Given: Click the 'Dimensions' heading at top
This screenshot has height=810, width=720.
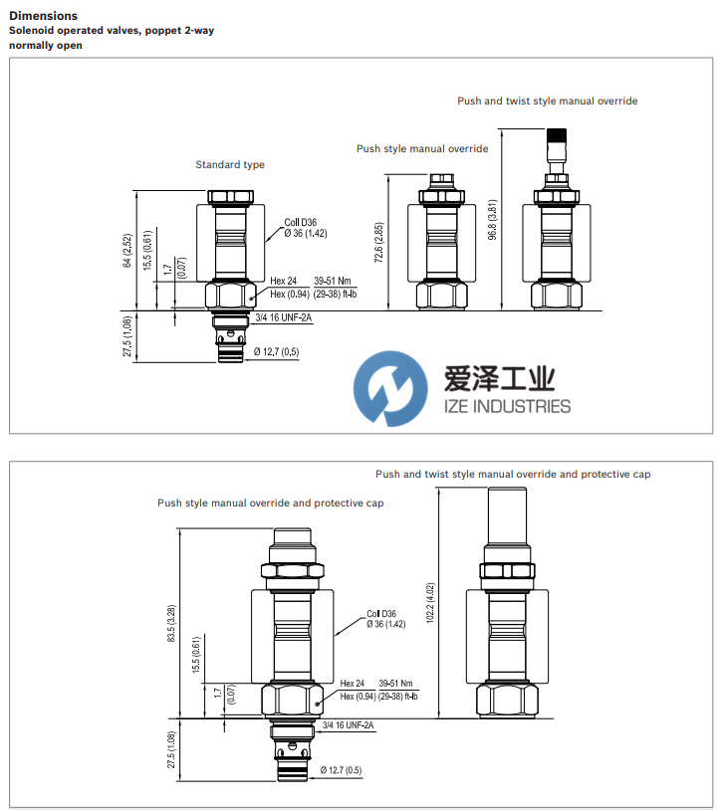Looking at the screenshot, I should pos(44,16).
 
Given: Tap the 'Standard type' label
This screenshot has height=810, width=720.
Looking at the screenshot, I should pos(230,164).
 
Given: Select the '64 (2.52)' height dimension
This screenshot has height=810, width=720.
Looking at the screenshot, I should pos(127,251).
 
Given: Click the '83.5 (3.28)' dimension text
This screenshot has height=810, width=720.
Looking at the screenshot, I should pos(172,623).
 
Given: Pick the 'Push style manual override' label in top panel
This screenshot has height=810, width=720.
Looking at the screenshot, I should pos(422,149).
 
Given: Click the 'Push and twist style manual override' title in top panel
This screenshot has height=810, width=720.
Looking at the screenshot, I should pos(547,101).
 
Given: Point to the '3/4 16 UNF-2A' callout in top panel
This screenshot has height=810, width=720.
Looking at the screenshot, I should pos(284,317).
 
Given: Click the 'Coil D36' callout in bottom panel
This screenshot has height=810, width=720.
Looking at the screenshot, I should pos(381,614).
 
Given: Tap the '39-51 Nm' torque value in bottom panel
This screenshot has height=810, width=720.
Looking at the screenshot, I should pos(397,684).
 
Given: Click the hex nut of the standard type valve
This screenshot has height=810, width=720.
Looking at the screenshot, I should pos(228,296).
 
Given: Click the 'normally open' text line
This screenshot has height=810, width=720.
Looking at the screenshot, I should pos(46,46).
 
